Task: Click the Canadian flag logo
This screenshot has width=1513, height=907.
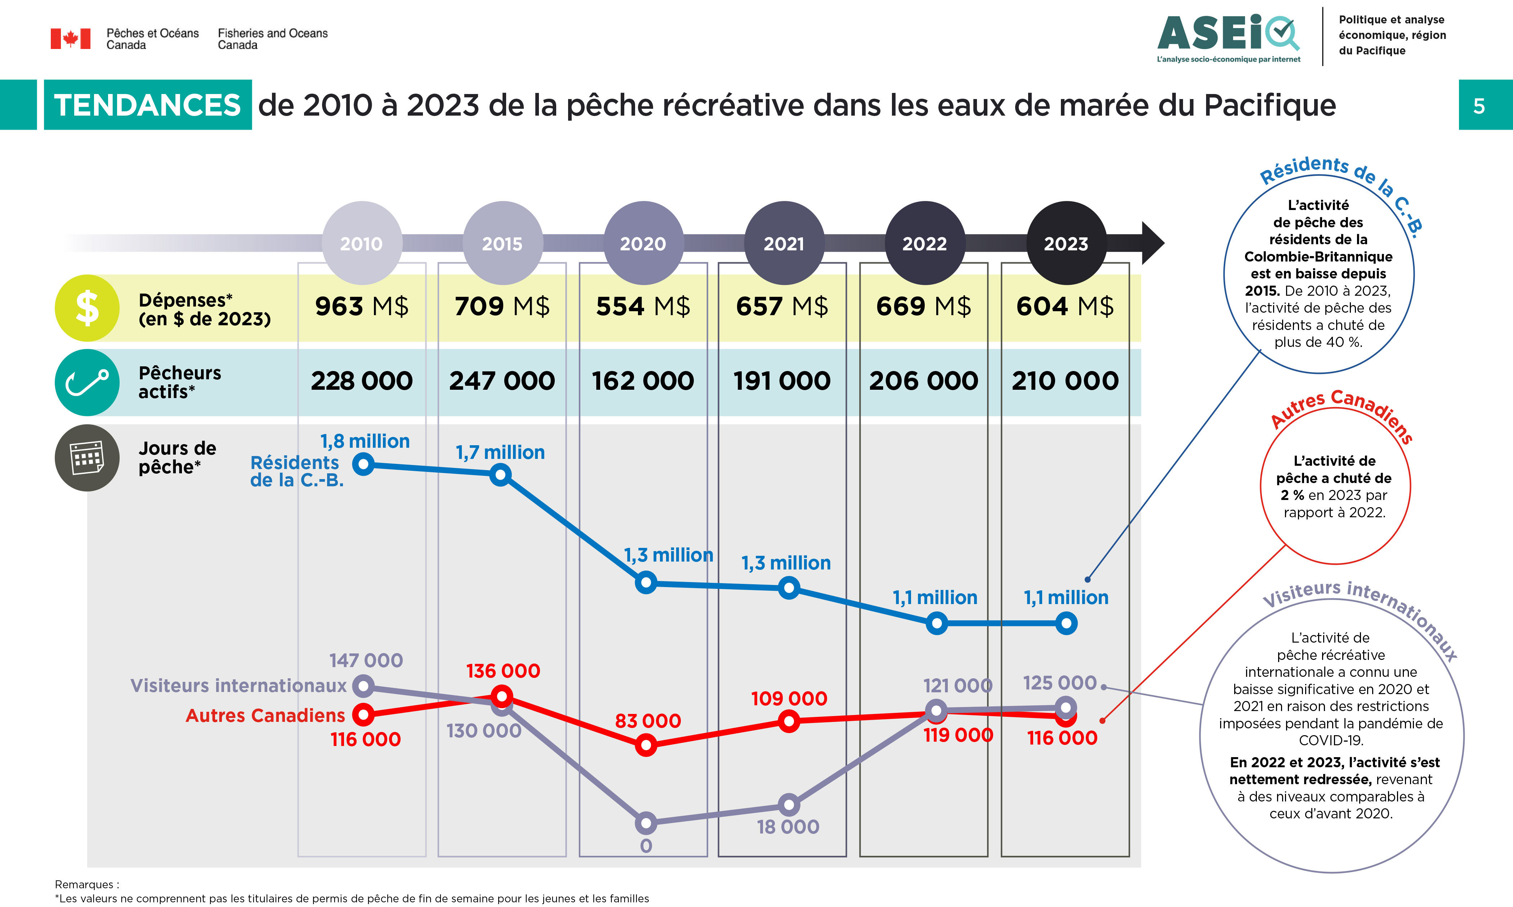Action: click(70, 39)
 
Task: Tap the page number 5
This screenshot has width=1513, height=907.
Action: click(1479, 106)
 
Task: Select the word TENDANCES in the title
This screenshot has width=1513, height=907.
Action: click(147, 105)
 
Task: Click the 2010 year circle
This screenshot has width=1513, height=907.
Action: click(362, 243)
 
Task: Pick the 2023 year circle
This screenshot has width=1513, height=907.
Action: click(1066, 243)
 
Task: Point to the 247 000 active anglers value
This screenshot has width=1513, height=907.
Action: click(502, 381)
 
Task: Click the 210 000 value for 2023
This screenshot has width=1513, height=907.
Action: click(1065, 381)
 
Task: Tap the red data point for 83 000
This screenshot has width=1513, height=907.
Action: click(646, 745)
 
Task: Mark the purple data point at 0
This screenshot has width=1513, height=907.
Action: click(646, 823)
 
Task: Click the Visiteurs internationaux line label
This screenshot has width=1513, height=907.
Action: click(238, 686)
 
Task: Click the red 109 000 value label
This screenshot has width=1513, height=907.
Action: click(789, 698)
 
